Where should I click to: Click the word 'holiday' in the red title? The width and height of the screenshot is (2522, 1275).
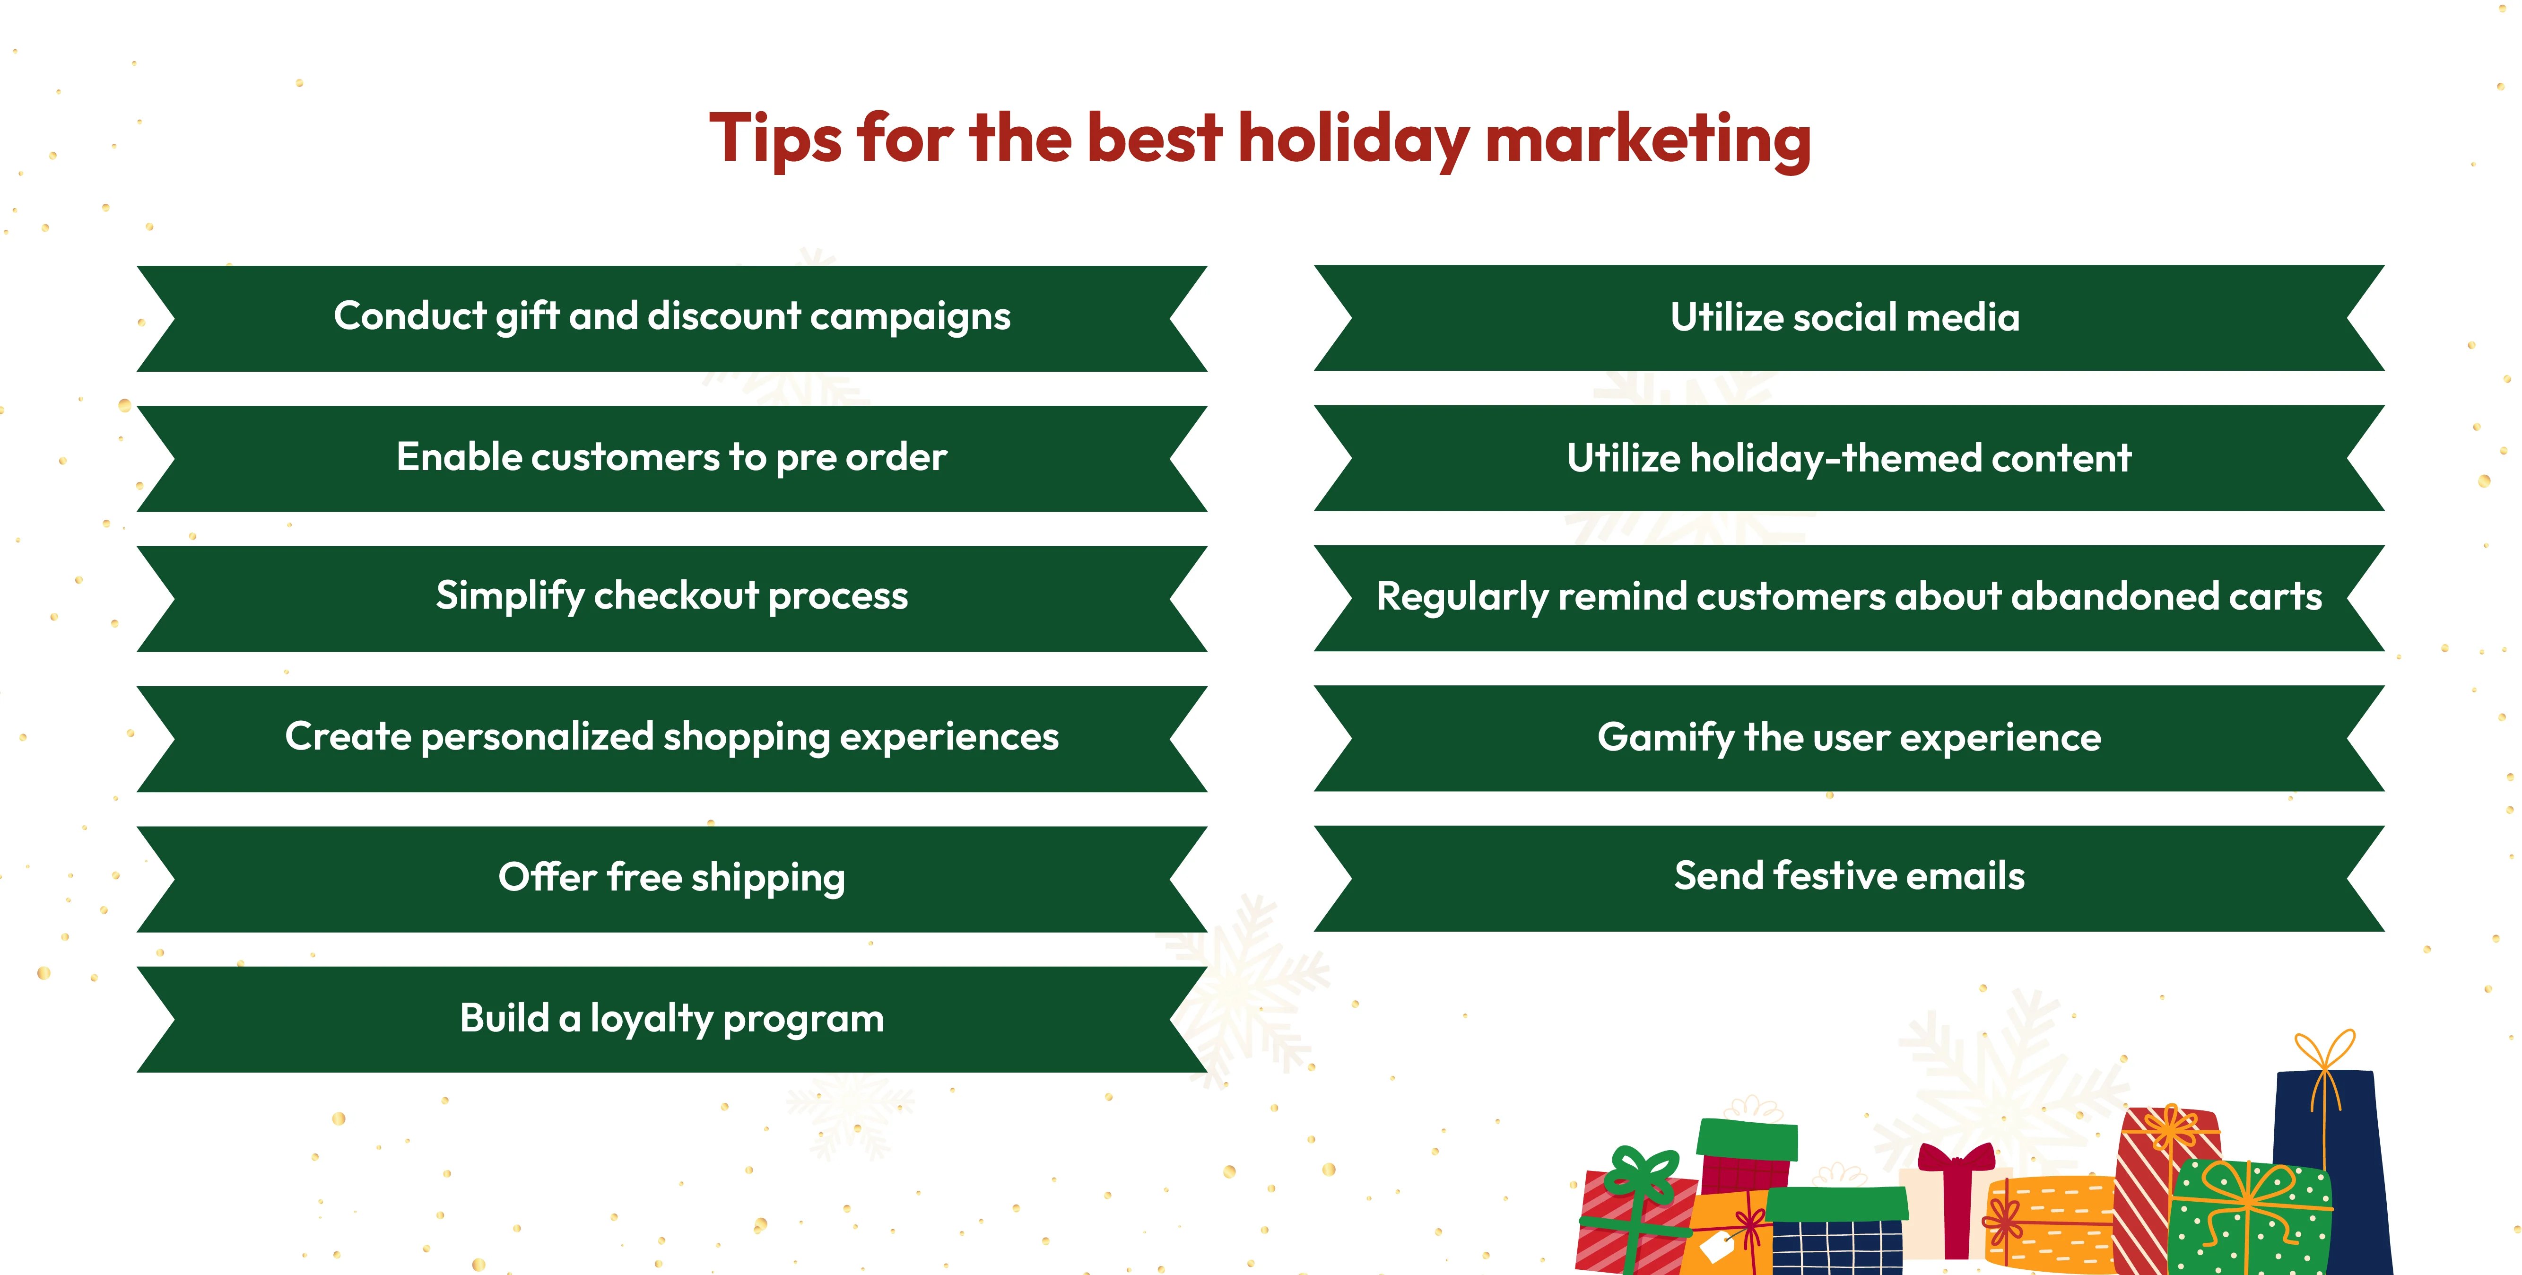[x=1353, y=139]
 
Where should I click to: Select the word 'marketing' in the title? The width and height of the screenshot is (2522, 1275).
[x=1648, y=139]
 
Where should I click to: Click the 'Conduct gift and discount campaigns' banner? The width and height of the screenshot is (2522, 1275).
[x=671, y=317]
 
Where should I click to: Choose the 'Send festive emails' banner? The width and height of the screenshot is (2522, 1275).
[x=1848, y=876]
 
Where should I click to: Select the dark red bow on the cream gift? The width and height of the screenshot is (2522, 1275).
[x=1955, y=1161]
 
